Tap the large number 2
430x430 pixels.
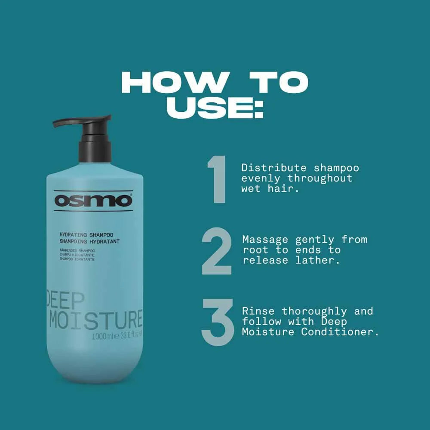[217, 251]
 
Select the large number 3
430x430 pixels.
[217, 322]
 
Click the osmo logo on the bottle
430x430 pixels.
[93, 201]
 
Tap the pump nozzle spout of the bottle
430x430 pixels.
[64, 123]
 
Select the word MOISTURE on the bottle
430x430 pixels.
[95, 319]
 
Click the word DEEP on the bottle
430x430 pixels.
[65, 300]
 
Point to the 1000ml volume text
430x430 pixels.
[102, 336]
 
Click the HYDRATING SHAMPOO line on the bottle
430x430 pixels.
[86, 235]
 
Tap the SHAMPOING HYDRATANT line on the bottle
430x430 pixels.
[89, 242]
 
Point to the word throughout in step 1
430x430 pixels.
[320, 178]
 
